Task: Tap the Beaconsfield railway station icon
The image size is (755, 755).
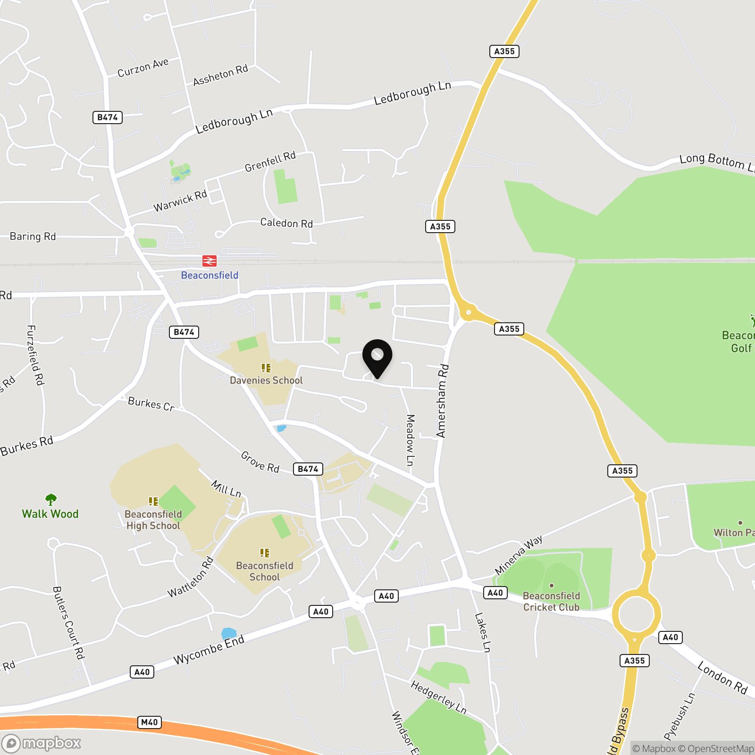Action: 210,260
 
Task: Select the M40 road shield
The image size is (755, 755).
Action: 150,722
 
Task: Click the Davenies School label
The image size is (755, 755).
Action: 266,380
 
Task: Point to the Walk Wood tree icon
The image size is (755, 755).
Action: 51,499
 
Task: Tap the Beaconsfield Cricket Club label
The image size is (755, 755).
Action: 551,602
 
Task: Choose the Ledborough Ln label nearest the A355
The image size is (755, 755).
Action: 412,92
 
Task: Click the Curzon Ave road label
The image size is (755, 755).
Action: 143,68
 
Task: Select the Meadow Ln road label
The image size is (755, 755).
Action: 410,440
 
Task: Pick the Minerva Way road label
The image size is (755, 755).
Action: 519,555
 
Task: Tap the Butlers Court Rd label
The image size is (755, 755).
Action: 68,622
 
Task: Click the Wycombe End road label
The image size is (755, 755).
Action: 209,650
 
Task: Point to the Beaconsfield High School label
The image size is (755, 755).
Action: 153,520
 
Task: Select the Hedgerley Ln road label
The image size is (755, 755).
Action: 438,697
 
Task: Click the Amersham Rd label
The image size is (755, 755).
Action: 442,401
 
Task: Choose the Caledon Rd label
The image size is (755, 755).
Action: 286,223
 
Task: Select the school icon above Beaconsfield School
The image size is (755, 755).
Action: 265,553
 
